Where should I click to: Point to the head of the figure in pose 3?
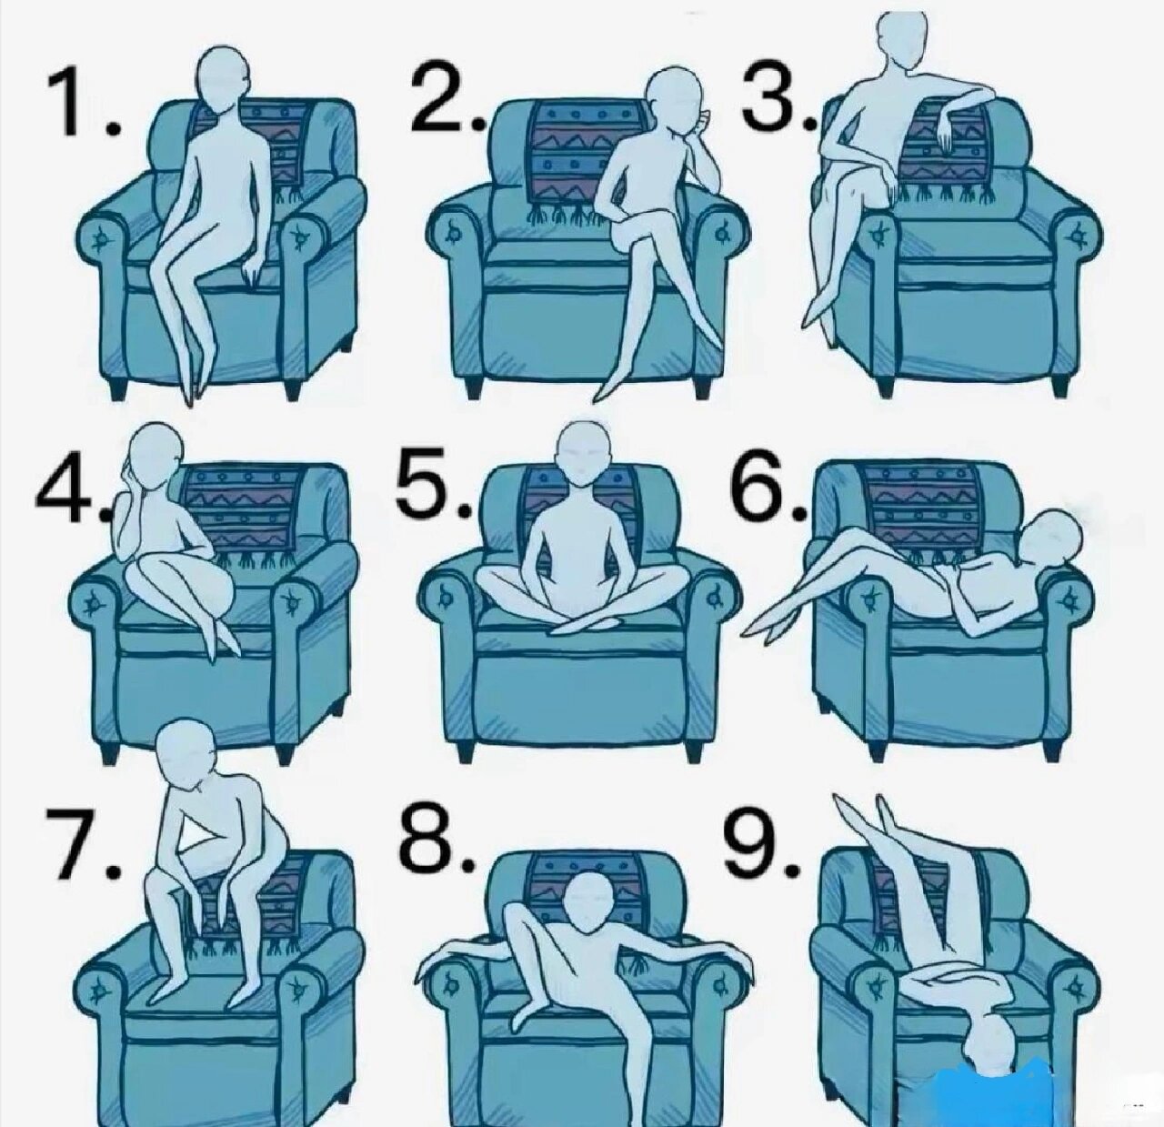tap(902, 35)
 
